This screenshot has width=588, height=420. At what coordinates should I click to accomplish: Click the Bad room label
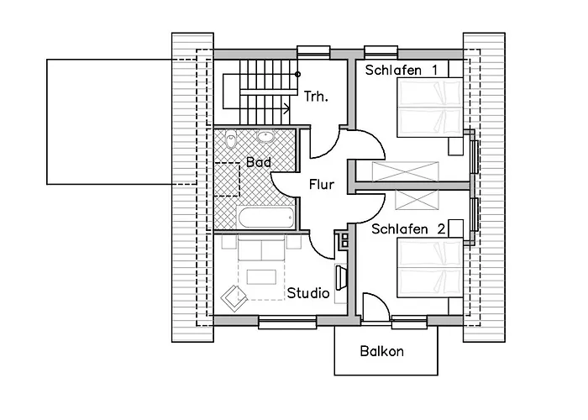pos(259,162)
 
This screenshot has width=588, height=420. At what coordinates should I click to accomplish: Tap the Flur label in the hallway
pos(322,185)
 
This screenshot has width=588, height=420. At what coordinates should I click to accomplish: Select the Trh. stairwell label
pos(316,97)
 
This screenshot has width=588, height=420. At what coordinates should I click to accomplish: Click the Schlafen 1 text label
pos(402,70)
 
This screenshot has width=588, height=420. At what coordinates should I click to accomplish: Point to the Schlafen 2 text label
pos(408,228)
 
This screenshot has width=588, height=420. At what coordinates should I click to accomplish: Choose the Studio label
pos(308,293)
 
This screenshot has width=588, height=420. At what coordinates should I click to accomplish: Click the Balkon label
pos(381,351)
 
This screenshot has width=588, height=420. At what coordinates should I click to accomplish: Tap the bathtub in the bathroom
pos(265,217)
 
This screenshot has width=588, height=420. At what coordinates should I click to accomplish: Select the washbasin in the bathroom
pos(265,136)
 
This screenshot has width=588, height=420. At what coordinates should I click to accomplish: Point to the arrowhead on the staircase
pos(287,109)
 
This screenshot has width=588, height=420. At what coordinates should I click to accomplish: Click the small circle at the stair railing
pos(297,74)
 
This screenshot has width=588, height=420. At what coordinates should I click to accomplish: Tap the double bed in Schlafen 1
pos(430,107)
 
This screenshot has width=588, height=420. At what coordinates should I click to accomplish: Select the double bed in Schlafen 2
pos(430,267)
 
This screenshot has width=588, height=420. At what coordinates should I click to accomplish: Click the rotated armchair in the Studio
pos(234,298)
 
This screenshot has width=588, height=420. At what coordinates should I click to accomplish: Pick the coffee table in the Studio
pos(261,277)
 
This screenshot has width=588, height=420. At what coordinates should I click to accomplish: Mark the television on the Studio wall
pos(340,277)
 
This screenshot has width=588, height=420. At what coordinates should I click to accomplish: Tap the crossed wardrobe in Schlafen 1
pos(405,171)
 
